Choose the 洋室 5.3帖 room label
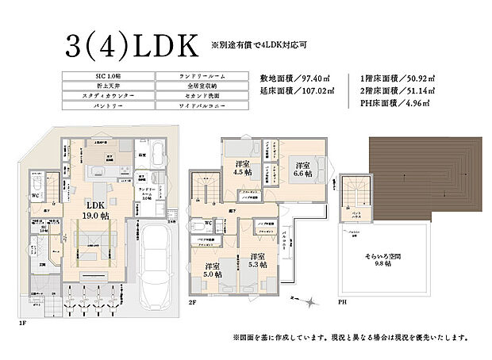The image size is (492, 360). tap(256, 262)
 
